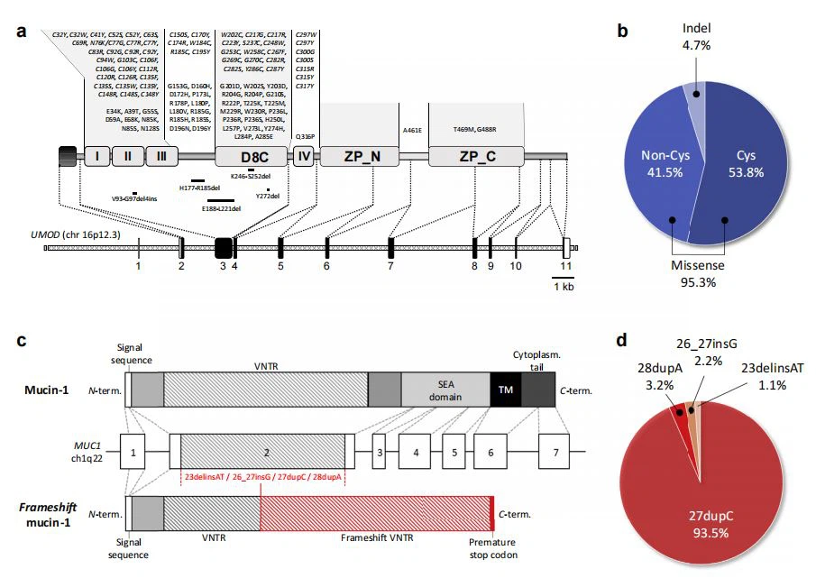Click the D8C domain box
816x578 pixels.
point(251,156)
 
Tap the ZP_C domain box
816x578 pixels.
point(476,156)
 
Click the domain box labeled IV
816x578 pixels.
point(304,156)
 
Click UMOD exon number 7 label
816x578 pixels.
point(390,266)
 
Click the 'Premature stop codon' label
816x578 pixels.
point(494,548)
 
